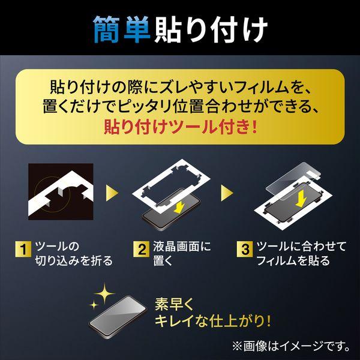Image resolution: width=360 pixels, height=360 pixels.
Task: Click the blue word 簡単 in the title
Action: tap(122, 29)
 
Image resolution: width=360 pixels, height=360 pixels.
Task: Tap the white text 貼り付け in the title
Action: tap(211, 30)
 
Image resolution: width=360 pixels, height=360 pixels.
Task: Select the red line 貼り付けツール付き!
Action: tap(180, 127)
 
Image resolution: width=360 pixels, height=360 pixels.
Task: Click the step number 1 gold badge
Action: tap(23, 249)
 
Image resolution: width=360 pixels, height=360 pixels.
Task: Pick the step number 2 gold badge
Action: tap(142, 249)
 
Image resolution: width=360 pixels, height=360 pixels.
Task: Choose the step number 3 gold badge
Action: tap(245, 249)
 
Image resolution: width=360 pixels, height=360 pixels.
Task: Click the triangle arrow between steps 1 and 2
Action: tap(112, 193)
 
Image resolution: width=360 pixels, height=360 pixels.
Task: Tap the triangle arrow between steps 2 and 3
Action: tap(227, 193)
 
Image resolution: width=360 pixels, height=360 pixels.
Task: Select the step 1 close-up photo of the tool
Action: tap(61, 191)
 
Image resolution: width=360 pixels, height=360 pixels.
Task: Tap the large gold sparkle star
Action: tap(104, 293)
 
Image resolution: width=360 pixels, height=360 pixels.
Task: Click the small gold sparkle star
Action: tap(94, 305)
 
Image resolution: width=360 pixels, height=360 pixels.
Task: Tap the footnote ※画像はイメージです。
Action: tap(291, 346)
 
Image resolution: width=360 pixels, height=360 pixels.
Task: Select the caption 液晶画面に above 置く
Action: tap(182, 247)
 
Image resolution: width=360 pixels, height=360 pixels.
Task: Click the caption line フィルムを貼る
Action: tap(293, 260)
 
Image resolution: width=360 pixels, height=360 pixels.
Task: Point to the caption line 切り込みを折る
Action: tap(74, 260)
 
